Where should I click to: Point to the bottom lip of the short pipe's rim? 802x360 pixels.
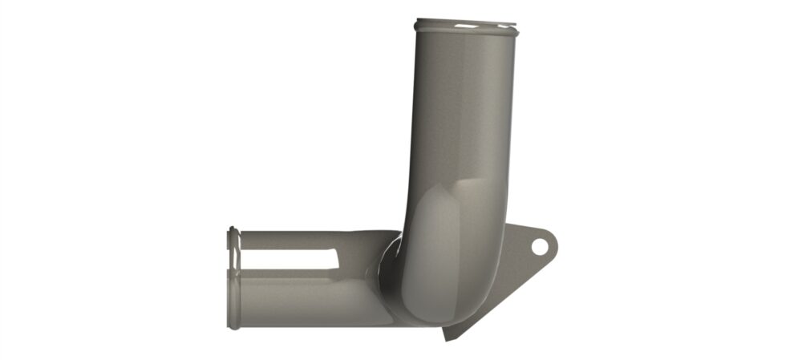[x=233, y=325]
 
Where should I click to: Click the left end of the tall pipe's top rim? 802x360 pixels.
[x=418, y=26]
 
